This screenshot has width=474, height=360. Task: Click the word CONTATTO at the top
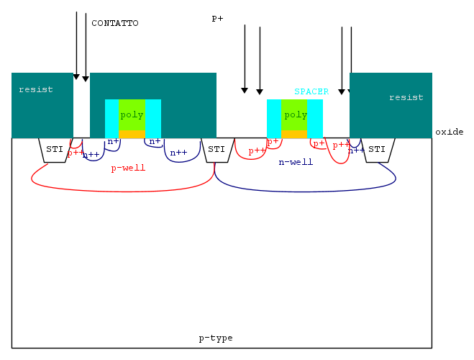115,23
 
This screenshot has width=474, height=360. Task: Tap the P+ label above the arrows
217,19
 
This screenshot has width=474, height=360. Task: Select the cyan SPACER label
311,91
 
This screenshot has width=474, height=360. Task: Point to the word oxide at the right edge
450,132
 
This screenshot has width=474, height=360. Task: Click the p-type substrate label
216,338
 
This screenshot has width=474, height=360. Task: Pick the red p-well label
128,168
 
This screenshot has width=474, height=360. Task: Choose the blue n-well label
296,162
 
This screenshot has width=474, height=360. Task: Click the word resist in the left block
36,89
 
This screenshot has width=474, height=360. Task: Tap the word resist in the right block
406,97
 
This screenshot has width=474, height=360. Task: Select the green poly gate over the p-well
132,114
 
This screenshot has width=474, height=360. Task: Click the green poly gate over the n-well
295,114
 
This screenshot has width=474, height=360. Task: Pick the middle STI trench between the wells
217,149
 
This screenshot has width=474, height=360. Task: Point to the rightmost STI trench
377,149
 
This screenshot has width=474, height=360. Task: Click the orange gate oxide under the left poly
132,134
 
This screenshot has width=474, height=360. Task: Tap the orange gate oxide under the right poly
295,134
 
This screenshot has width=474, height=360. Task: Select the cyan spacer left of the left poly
111,118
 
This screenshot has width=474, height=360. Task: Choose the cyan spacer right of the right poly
315,118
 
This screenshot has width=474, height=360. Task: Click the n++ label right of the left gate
178,153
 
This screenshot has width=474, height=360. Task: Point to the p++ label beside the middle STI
257,150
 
